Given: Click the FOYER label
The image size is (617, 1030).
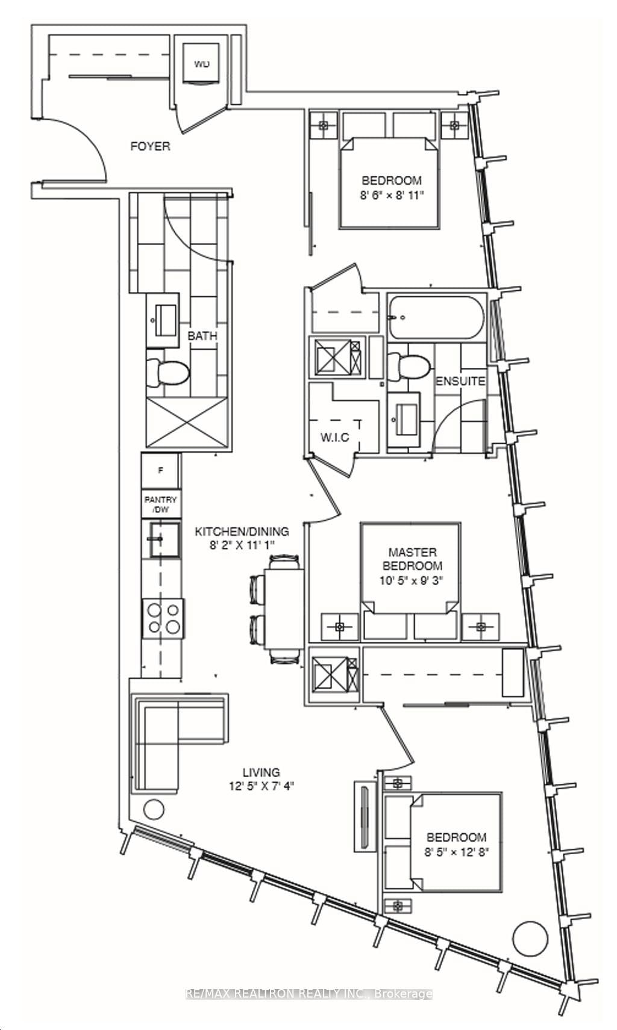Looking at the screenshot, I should pos(150,146).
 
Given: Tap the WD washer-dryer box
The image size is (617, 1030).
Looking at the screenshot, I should pos(201,63).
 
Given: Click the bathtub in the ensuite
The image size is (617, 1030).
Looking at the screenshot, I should pos(435,317).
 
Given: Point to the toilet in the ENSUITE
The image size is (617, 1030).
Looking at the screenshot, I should pos(409,365).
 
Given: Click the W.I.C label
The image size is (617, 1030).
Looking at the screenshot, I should pos(334,437).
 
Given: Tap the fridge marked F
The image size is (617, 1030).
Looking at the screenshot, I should pos(160,471).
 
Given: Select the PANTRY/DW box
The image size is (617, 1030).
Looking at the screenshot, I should pos(161,504).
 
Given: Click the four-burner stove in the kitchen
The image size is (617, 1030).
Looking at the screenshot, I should pos(164,618).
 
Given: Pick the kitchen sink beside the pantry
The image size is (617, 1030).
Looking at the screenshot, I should pos(161,539).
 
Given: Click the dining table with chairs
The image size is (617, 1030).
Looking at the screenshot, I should pos(284,609).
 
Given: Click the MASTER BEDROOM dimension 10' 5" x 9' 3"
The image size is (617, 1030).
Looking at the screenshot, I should pos(412,580).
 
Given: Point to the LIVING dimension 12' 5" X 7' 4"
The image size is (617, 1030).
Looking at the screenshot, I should pos(261,786).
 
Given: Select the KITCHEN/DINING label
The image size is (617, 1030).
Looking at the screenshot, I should pos(242,532).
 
